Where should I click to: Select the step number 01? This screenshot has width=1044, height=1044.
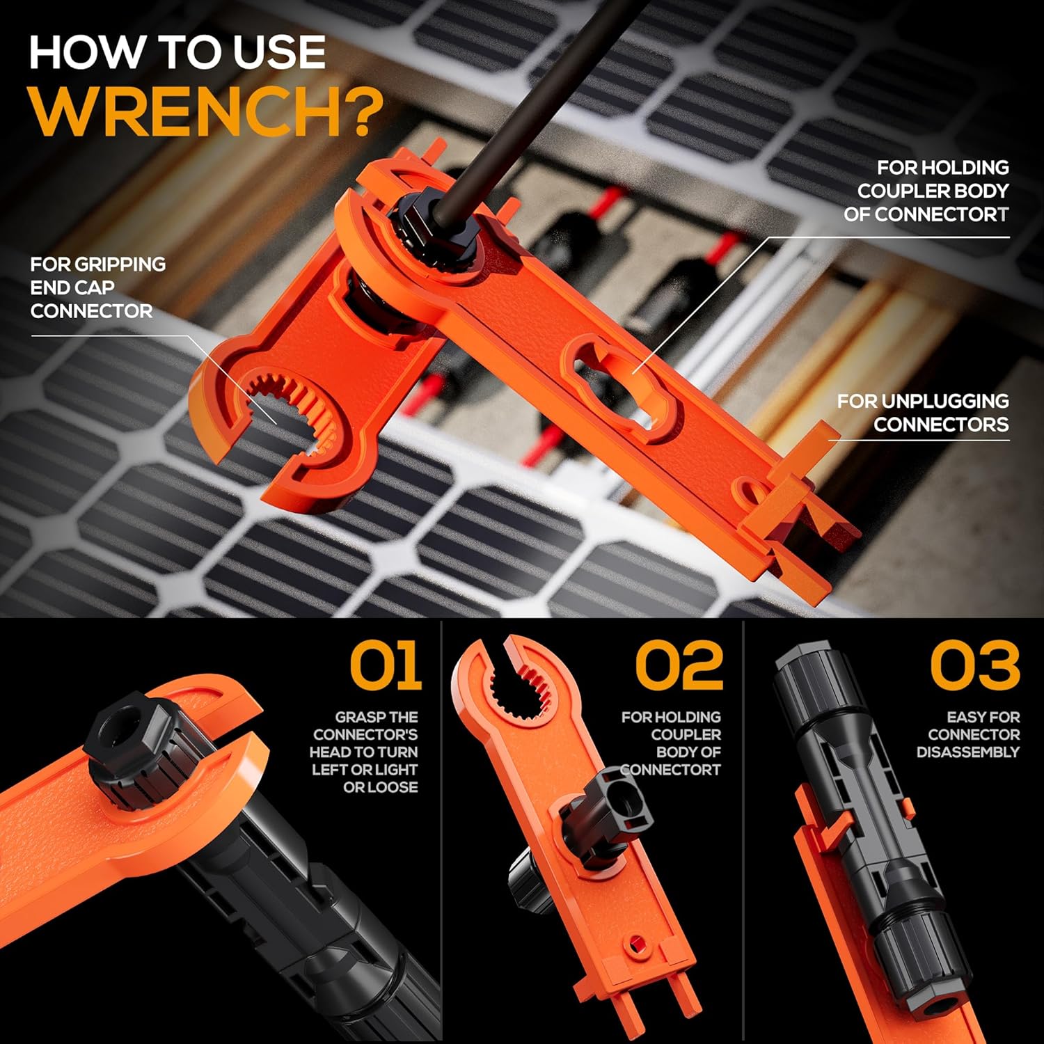(x=385, y=665)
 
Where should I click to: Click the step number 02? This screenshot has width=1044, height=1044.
(x=679, y=665)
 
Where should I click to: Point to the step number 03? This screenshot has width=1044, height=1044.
(x=974, y=665)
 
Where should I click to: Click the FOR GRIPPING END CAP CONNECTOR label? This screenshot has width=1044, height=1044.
(x=97, y=287)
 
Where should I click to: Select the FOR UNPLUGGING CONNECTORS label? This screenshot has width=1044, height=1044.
(x=923, y=412)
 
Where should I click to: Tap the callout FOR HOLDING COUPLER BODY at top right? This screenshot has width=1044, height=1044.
(x=926, y=191)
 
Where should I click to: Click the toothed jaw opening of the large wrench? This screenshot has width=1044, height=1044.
(x=296, y=411)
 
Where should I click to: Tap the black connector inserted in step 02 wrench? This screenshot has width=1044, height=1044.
(x=612, y=807)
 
